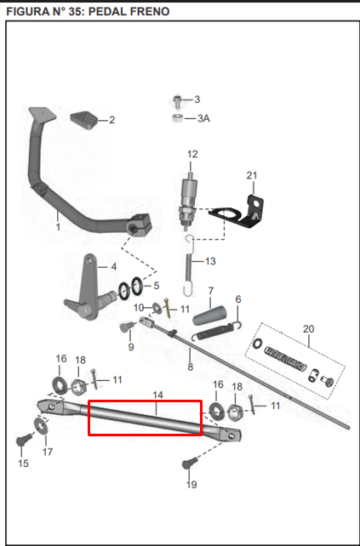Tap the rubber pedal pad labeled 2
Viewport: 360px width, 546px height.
click(83, 120)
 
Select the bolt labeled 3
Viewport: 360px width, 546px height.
click(178, 101)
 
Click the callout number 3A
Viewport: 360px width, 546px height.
click(204, 119)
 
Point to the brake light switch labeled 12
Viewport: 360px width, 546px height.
click(188, 201)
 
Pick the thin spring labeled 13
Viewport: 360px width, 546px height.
click(189, 266)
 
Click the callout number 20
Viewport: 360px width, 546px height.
click(308, 329)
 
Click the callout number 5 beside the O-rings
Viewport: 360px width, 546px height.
click(156, 286)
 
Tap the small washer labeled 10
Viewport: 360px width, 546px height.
click(157, 308)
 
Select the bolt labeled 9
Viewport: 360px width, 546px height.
click(127, 327)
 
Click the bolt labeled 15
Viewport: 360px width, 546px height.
click(24, 441)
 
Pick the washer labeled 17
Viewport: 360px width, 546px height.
click(42, 425)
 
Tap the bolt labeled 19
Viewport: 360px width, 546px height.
click(190, 463)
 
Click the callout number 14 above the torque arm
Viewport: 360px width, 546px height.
click(157, 395)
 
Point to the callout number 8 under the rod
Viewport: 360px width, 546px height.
click(190, 367)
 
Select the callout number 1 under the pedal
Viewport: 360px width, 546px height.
click(58, 227)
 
